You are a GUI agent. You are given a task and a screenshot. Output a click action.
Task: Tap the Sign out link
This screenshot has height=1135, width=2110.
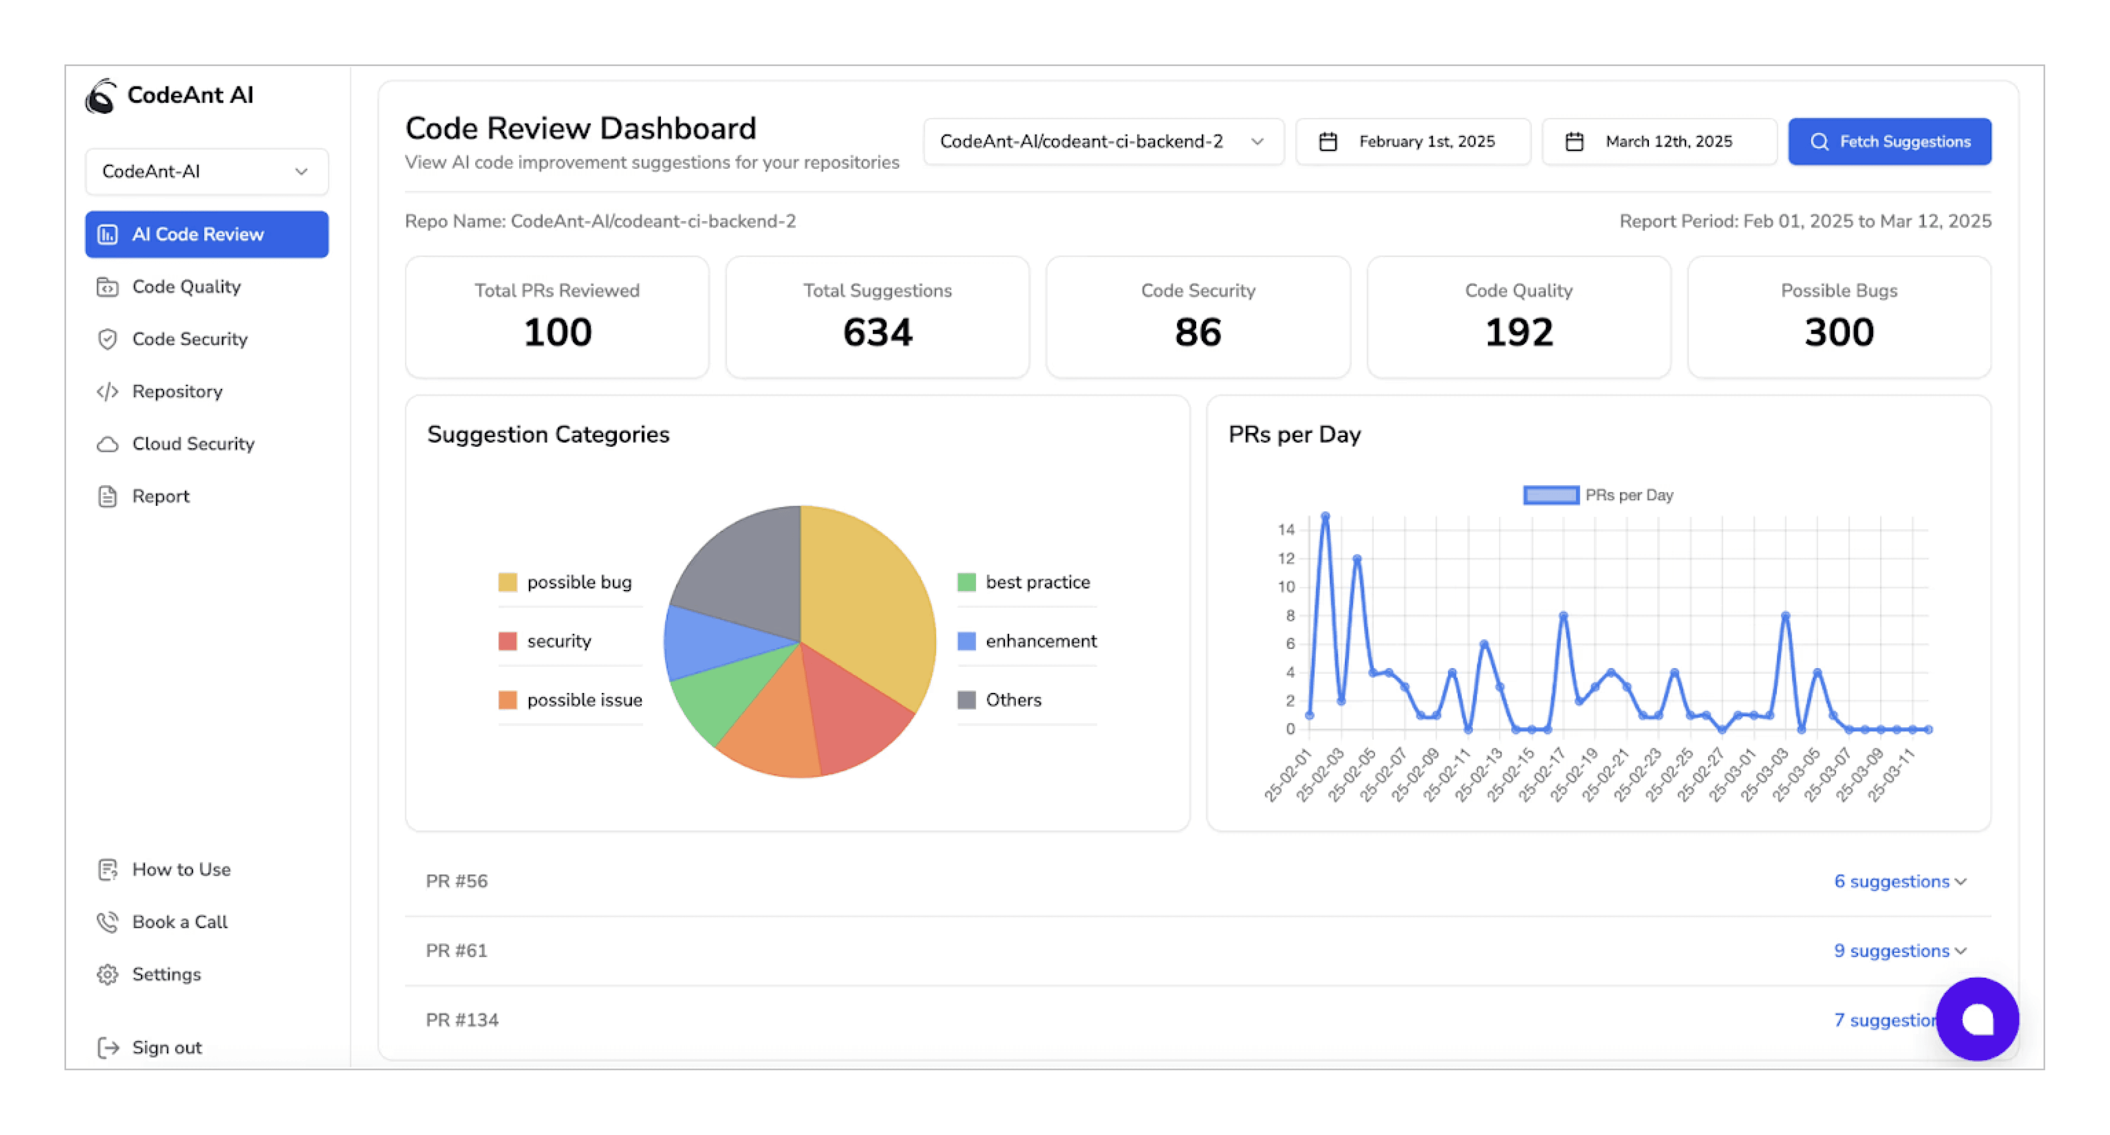(x=166, y=1047)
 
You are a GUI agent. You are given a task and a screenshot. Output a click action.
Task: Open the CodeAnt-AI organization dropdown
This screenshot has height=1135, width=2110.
(x=207, y=171)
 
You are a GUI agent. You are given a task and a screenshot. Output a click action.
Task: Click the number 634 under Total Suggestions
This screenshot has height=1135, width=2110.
(x=877, y=332)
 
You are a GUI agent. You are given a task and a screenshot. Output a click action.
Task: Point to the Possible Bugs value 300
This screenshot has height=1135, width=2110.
(x=1839, y=332)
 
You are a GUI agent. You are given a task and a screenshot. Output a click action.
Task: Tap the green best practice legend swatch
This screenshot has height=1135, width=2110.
(x=966, y=582)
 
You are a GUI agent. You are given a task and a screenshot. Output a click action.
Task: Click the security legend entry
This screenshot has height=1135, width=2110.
(x=559, y=641)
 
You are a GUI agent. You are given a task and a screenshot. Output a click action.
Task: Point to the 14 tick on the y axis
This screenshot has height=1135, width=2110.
(x=1286, y=530)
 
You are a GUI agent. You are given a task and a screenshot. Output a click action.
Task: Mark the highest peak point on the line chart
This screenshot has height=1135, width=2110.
(x=1325, y=517)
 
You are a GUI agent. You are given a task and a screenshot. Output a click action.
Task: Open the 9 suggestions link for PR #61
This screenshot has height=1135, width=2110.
(x=1899, y=951)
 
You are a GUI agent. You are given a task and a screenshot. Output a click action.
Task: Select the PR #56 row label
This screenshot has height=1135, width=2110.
(x=456, y=881)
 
